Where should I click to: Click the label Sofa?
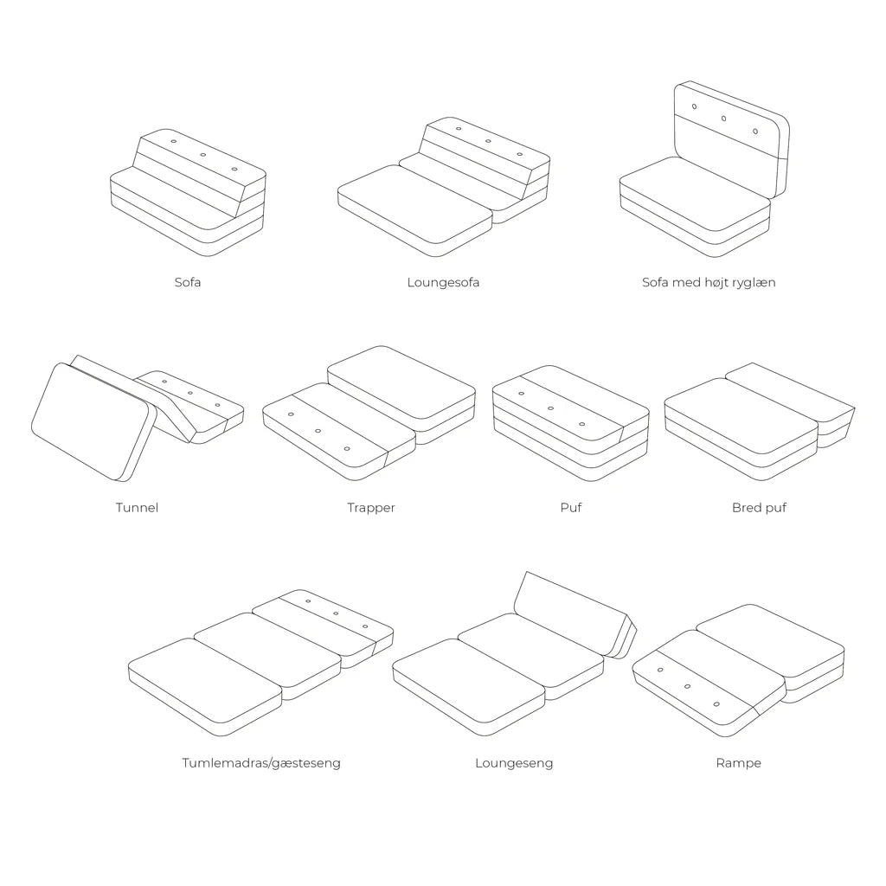187,282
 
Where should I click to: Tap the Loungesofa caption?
443,282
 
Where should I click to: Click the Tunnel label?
137,507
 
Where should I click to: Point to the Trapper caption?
370,507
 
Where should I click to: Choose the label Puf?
570,507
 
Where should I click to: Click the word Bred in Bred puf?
747,507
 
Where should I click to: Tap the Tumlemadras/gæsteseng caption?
260,763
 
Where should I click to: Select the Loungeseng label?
513,763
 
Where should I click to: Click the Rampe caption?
738,763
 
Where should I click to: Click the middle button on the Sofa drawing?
203,156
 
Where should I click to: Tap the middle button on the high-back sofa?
724,119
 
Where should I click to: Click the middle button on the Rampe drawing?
687,686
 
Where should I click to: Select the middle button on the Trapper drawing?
318,430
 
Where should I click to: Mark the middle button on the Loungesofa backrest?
488,141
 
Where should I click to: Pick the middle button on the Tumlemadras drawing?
336,613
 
